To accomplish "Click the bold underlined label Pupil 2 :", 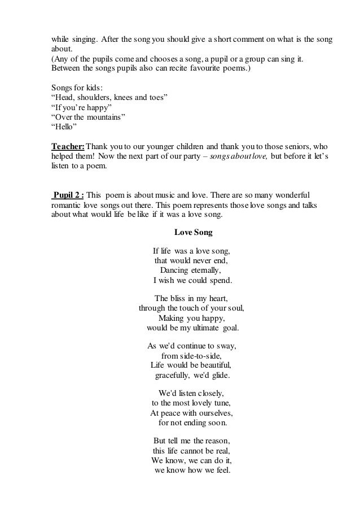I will click(68, 194).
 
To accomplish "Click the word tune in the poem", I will click(222, 403).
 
